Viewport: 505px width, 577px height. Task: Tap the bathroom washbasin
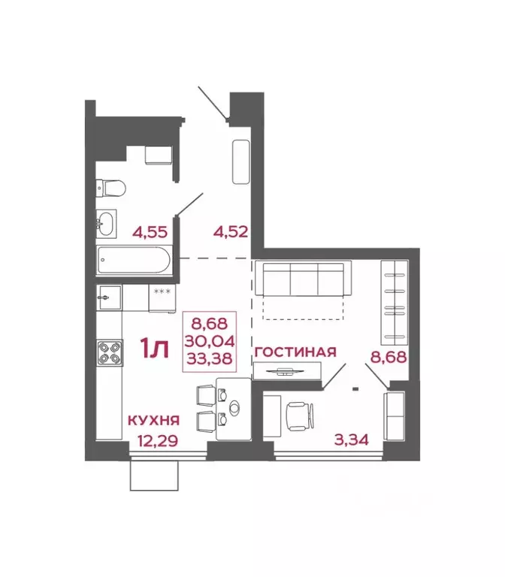pos(107,222)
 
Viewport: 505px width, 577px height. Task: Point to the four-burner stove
pos(109,353)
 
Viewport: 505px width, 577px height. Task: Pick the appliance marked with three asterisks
pos(162,298)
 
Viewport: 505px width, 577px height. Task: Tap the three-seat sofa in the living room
pos(302,279)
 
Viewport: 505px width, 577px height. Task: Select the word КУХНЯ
pos(153,420)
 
